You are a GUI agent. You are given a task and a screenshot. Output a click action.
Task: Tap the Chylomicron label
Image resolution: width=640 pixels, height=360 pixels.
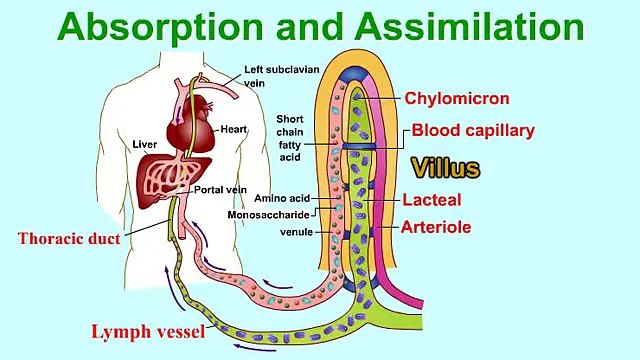point(457,98)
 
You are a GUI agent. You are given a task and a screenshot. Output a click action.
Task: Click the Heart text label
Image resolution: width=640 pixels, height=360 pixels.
point(235,129)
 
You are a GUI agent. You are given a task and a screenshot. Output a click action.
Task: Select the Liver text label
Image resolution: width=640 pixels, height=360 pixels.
point(145,144)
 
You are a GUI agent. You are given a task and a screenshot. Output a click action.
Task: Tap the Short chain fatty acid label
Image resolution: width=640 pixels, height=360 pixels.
point(291,138)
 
